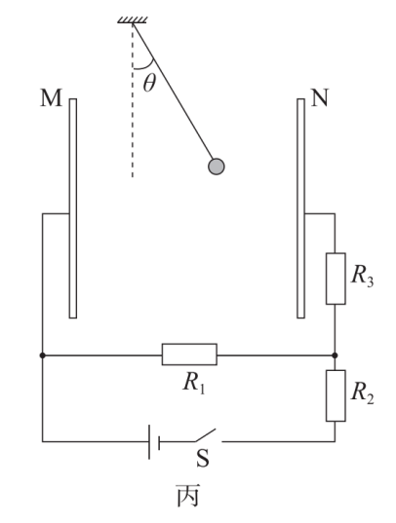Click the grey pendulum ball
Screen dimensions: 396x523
click(x=217, y=167)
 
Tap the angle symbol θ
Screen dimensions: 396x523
click(x=149, y=83)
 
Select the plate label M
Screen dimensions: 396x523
click(x=51, y=97)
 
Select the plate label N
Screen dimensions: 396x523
click(x=320, y=97)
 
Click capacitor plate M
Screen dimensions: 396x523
click(x=73, y=208)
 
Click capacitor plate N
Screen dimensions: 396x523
click(x=300, y=208)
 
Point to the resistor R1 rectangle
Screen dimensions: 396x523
click(x=189, y=355)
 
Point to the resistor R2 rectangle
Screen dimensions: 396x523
click(x=336, y=395)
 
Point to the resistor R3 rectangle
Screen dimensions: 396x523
click(x=336, y=279)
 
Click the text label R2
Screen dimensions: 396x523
click(x=363, y=394)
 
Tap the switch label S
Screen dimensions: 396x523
click(x=203, y=459)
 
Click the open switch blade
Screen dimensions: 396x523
click(x=206, y=435)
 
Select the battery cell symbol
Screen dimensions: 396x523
click(x=154, y=441)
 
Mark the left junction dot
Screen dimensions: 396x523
click(x=43, y=355)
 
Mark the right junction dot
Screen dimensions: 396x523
click(x=336, y=355)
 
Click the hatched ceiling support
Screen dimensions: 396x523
click(x=133, y=19)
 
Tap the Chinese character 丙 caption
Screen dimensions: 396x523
click(x=188, y=496)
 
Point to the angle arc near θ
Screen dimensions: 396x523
click(x=146, y=66)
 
